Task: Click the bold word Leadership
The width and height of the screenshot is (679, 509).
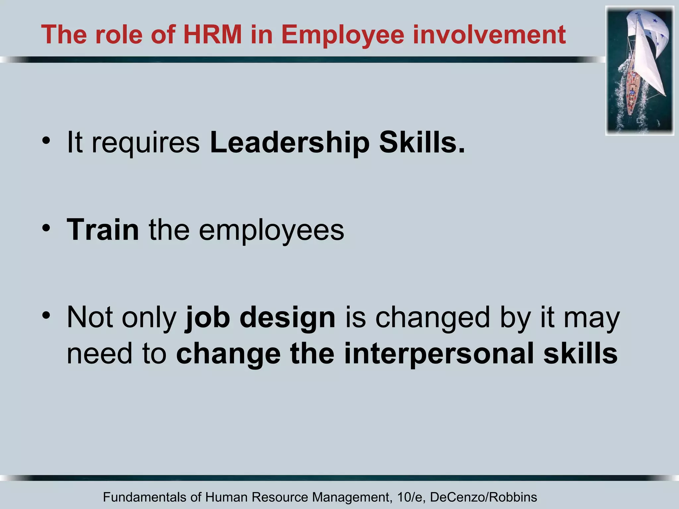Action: click(x=289, y=142)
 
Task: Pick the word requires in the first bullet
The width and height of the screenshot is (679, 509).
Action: click(x=146, y=143)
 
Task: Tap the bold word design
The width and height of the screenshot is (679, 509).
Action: click(x=287, y=317)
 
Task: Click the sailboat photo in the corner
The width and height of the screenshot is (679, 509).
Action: click(x=640, y=71)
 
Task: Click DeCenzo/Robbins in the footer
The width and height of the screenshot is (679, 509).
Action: click(x=483, y=497)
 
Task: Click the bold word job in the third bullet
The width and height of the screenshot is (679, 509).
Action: click(x=208, y=317)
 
